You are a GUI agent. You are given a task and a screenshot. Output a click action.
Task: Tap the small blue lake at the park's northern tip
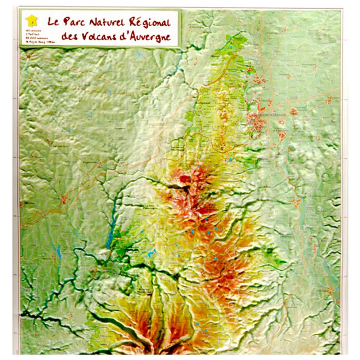231,47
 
